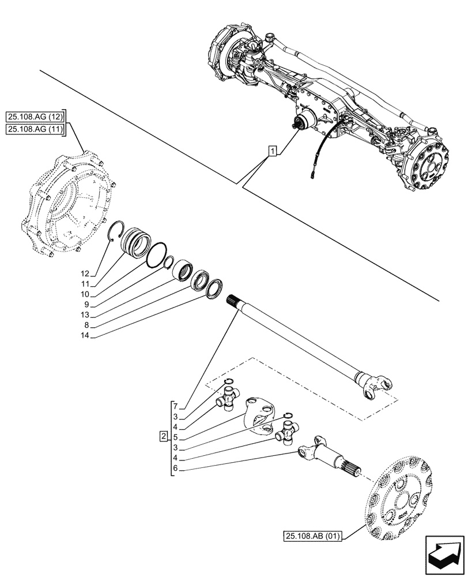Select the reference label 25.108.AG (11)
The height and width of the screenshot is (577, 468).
point(36,130)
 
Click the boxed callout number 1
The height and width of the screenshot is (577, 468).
point(272,151)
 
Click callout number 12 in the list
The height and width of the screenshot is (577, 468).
point(85,273)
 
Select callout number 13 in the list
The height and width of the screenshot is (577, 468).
point(85,314)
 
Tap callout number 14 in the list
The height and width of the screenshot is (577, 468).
point(85,335)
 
